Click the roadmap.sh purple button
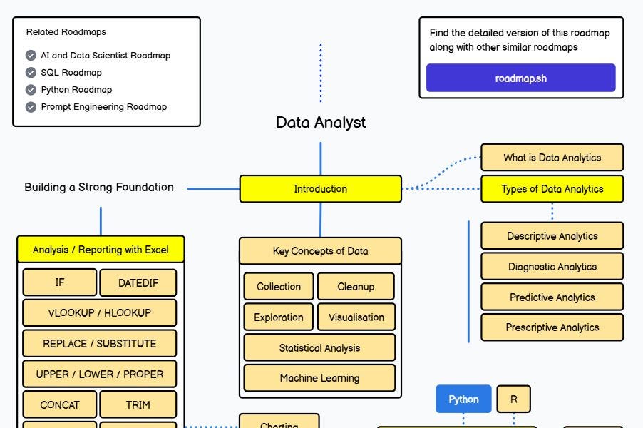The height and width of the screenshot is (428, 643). (x=520, y=78)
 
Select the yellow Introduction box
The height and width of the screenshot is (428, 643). (x=320, y=189)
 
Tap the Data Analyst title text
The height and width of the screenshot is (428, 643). (x=320, y=122)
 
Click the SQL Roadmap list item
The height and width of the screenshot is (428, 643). (x=71, y=72)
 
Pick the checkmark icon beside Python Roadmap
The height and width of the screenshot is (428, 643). (x=31, y=90)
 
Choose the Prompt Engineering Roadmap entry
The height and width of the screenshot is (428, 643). (x=103, y=107)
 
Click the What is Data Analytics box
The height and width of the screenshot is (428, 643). (x=552, y=158)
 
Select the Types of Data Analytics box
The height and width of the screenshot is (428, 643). (x=552, y=189)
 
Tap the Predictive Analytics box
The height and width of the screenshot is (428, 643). (x=552, y=297)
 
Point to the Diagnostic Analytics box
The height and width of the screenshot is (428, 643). (x=552, y=267)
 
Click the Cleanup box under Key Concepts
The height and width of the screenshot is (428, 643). (x=355, y=287)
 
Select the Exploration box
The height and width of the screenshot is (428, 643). (x=278, y=317)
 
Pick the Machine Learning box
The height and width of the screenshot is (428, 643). (x=319, y=378)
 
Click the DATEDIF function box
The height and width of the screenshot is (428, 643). (x=138, y=282)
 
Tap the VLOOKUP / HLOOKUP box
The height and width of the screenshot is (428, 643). (x=99, y=312)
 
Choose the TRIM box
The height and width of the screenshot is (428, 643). (x=138, y=404)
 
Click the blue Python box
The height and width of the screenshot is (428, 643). (x=463, y=399)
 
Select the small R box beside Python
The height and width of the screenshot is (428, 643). (x=513, y=399)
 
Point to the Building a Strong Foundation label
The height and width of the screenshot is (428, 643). (x=99, y=187)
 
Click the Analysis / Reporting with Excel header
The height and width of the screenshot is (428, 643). (x=101, y=250)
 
